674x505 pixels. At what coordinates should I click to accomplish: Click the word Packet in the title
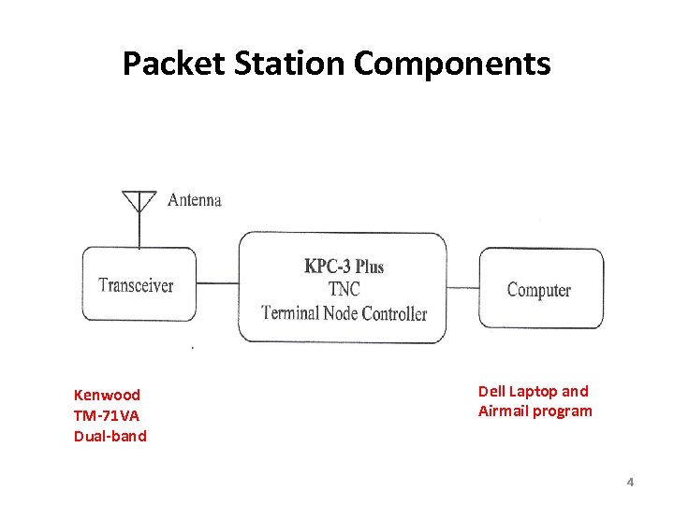tap(163, 64)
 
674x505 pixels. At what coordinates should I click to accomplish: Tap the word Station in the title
tap(277, 64)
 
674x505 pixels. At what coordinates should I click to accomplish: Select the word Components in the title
tap(452, 64)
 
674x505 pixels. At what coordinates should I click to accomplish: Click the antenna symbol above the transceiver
tap(139, 204)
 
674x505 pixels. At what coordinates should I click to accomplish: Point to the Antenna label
tap(194, 200)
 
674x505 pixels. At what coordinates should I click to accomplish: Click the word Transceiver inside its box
tap(136, 285)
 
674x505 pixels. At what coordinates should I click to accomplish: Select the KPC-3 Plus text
tap(344, 267)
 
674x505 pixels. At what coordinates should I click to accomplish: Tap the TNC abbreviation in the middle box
tap(344, 290)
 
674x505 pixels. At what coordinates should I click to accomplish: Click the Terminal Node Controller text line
tap(344, 313)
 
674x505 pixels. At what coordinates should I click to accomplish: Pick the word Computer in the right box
tap(538, 290)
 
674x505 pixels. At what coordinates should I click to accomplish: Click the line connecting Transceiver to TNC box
tap(217, 283)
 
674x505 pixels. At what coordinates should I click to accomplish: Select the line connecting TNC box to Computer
tap(463, 287)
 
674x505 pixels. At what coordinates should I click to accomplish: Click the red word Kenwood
tap(107, 395)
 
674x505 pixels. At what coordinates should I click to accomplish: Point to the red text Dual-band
tap(110, 436)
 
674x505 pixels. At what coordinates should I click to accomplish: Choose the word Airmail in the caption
tap(504, 411)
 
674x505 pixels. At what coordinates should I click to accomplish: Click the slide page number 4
tap(630, 483)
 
